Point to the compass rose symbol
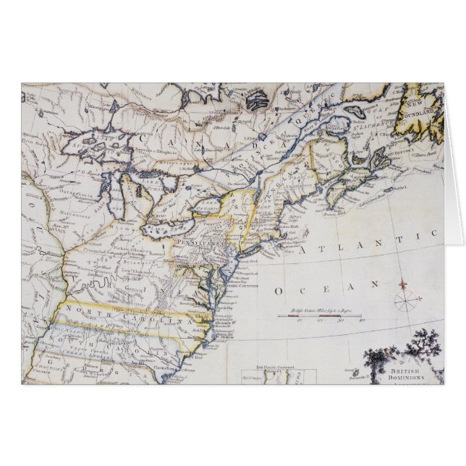(405, 298)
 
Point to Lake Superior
(94, 148)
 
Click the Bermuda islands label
(354, 375)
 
